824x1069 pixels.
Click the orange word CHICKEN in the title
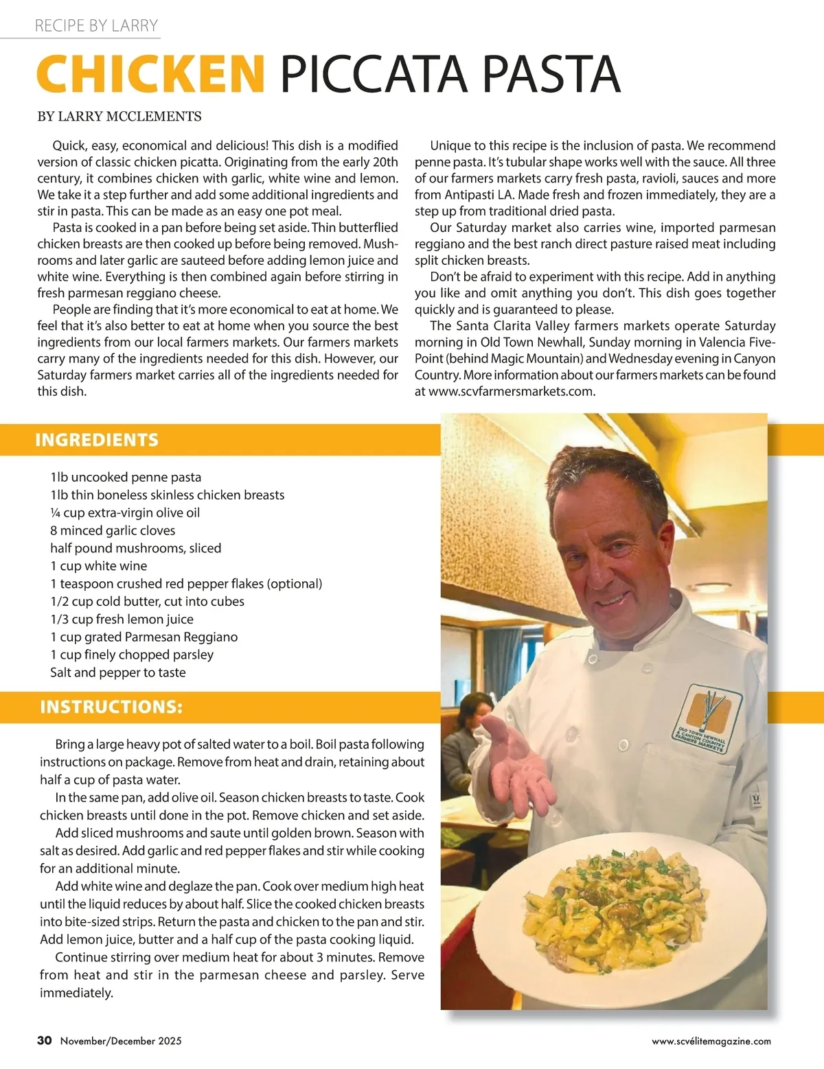point(150,73)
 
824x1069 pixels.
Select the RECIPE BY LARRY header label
point(97,26)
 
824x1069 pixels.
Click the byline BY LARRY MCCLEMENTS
point(119,117)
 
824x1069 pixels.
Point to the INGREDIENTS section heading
point(97,440)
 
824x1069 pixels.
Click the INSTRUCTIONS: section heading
point(111,707)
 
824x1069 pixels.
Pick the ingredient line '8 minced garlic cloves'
point(113,530)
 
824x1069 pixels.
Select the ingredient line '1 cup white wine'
point(99,566)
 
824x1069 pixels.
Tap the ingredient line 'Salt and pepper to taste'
point(118,672)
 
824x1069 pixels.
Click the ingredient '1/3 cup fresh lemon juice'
point(122,619)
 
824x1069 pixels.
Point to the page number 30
point(45,1040)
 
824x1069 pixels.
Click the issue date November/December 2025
point(121,1041)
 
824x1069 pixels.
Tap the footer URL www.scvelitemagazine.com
point(711,1041)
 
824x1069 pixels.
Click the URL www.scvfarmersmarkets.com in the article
point(512,392)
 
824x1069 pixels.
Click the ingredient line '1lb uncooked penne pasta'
point(126,477)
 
